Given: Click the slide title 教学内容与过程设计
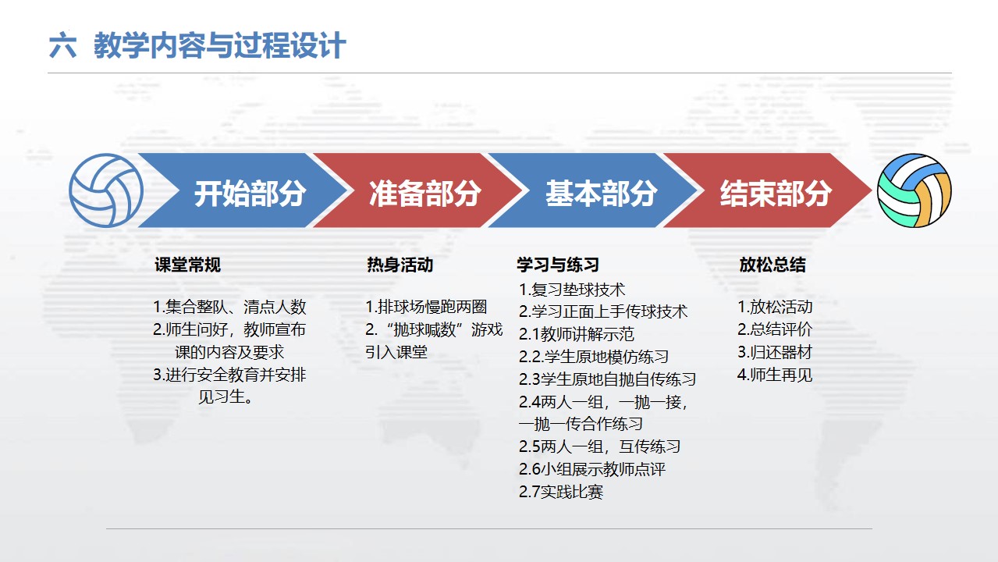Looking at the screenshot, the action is click(219, 45).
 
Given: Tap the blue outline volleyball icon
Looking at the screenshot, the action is click(106, 190).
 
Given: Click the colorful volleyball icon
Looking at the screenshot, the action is click(915, 190).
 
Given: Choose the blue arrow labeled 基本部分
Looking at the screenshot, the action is click(593, 190).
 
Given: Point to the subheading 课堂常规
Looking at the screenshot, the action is click(187, 265).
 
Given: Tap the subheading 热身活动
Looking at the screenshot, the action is click(400, 265).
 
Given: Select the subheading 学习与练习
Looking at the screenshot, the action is click(558, 265).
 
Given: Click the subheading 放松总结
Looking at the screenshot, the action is click(772, 265).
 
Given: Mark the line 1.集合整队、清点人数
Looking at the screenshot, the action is click(229, 307).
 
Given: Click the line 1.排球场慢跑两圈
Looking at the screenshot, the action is click(426, 307).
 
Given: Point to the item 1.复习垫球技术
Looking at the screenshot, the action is click(572, 290).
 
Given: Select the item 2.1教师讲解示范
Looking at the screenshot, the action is click(577, 334).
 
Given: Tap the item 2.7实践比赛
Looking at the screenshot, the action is click(561, 492).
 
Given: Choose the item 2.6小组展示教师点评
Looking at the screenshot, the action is click(592, 469).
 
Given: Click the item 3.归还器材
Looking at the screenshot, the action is click(775, 352).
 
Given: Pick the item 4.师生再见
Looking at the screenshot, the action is click(775, 375).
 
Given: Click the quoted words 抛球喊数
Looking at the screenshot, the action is click(425, 330).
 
